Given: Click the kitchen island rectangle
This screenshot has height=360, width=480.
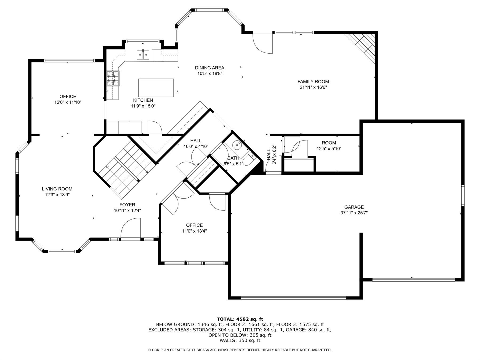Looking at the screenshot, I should [x=156, y=88].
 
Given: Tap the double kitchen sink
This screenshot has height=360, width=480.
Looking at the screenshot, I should [x=143, y=55].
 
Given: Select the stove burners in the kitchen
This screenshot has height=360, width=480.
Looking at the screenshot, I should [x=113, y=78].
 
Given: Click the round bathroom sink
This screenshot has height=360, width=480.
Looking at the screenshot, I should [x=237, y=145].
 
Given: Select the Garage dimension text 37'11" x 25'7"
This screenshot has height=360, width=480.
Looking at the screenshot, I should [x=354, y=213].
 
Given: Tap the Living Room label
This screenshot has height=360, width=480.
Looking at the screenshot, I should [x=57, y=189].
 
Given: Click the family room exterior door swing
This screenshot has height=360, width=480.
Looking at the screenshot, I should [x=263, y=43].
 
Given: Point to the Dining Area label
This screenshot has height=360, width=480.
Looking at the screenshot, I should [x=209, y=68].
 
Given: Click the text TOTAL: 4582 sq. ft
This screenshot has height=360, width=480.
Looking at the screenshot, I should [x=240, y=319].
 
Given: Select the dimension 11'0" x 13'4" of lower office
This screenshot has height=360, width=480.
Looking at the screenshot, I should [x=194, y=231].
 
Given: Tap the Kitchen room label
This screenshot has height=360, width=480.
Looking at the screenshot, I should [x=143, y=100].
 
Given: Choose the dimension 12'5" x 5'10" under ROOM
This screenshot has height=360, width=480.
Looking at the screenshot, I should [x=329, y=149].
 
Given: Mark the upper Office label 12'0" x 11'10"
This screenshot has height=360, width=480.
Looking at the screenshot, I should [x=68, y=102].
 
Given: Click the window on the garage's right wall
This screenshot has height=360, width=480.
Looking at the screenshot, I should [x=463, y=195].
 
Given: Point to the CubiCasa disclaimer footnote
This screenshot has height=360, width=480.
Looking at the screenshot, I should [x=240, y=350].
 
